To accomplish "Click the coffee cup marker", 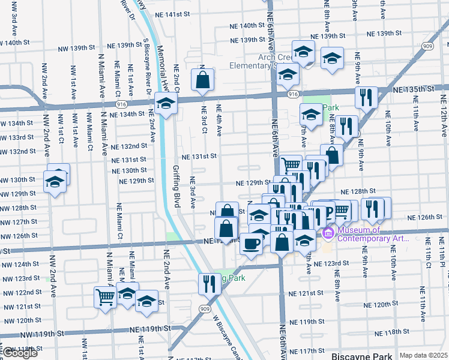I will point(250,244).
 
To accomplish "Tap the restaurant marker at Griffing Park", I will point(209,283).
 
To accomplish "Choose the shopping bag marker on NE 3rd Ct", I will point(203,79).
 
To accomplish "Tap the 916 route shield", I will point(293,95).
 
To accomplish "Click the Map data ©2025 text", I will point(423,355).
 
